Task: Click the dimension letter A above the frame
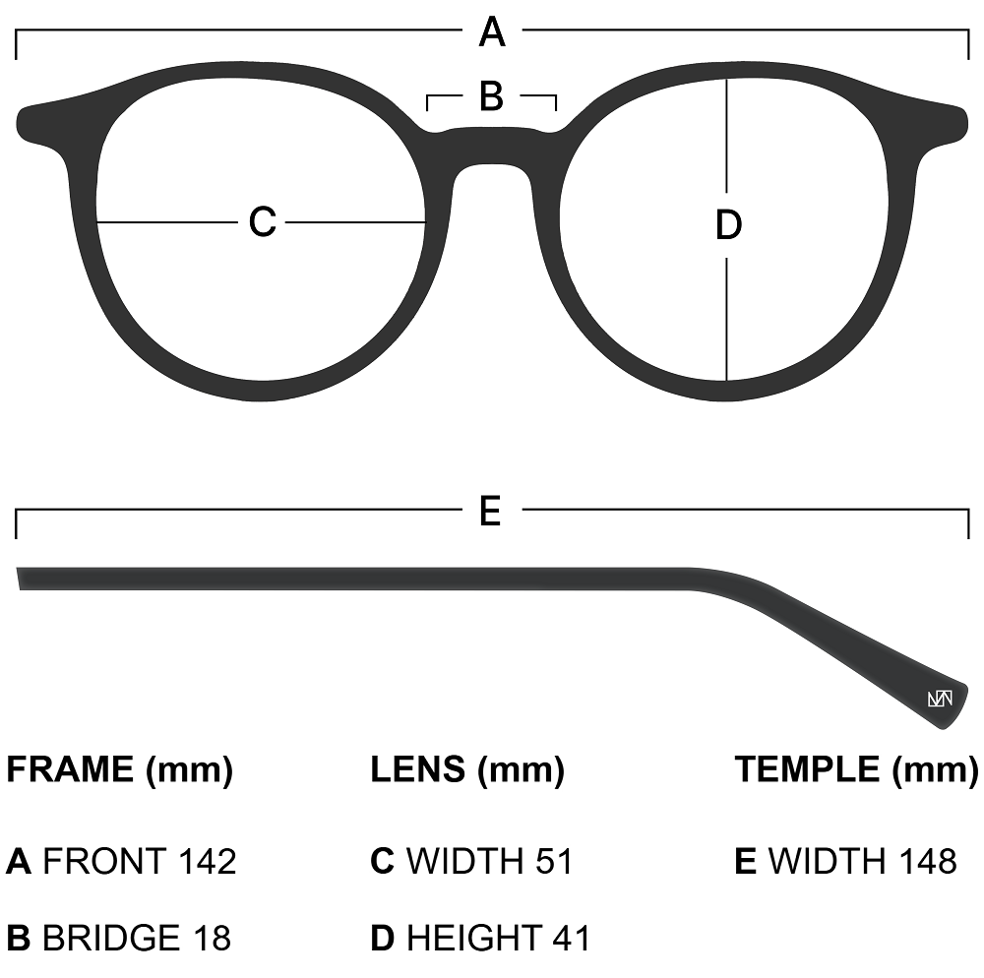click(x=492, y=33)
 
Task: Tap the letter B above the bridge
click(x=491, y=97)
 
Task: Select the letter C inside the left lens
click(x=262, y=222)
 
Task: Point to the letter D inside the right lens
click(x=727, y=226)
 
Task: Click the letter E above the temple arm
click(x=490, y=512)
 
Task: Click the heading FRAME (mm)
click(x=120, y=769)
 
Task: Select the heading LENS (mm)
click(x=467, y=769)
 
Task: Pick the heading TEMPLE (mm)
click(x=856, y=769)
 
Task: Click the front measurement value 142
click(x=208, y=862)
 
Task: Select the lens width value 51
click(x=554, y=862)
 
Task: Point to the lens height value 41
click(x=572, y=938)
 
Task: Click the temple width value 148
click(x=928, y=862)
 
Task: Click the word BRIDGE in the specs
click(x=111, y=938)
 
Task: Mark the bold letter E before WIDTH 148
click(x=745, y=862)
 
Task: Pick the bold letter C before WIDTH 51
click(x=382, y=862)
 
